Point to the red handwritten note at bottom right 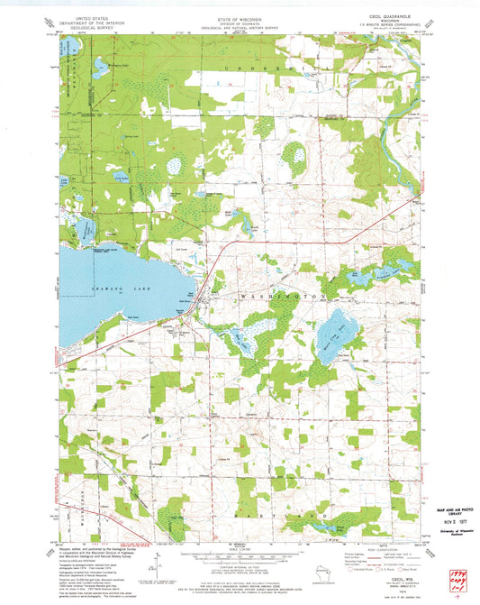click(458, 578)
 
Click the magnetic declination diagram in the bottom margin click(156, 566)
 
